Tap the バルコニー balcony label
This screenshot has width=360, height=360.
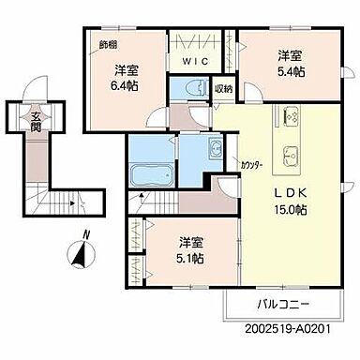[281, 305]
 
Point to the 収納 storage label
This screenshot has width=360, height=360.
[223, 90]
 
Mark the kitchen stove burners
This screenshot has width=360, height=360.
[288, 119]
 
